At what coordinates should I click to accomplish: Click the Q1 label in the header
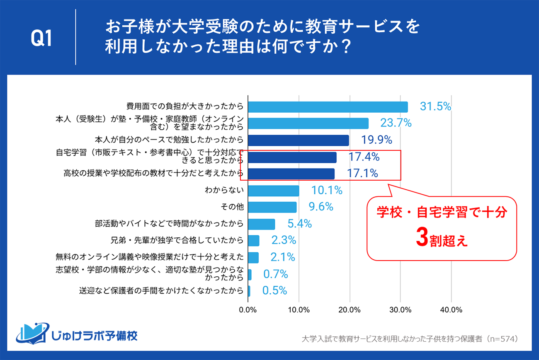click(41, 39)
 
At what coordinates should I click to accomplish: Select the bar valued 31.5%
click(328, 107)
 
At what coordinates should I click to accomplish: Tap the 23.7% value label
click(396, 123)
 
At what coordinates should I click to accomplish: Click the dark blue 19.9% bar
click(299, 140)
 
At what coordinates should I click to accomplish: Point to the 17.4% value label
click(364, 157)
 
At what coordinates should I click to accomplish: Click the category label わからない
click(224, 191)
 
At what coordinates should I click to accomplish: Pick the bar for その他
click(272, 207)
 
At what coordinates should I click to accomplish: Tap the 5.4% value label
click(299, 224)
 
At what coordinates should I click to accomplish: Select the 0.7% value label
click(275, 274)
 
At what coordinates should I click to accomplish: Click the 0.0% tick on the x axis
click(248, 310)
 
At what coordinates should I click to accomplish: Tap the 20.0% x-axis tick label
click(350, 310)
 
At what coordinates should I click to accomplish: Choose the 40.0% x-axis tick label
click(451, 310)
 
